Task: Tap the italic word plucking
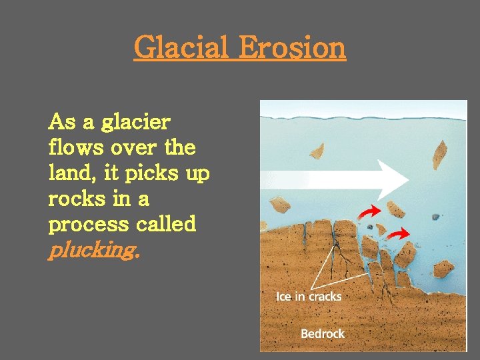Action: (93, 251)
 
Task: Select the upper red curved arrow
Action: (369, 211)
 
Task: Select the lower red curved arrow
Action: (398, 234)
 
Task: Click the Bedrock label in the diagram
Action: (323, 333)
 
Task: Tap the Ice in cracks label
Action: (309, 295)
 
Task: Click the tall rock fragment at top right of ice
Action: (440, 155)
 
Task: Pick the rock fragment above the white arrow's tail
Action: (317, 151)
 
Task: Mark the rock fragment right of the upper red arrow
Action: (397, 209)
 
